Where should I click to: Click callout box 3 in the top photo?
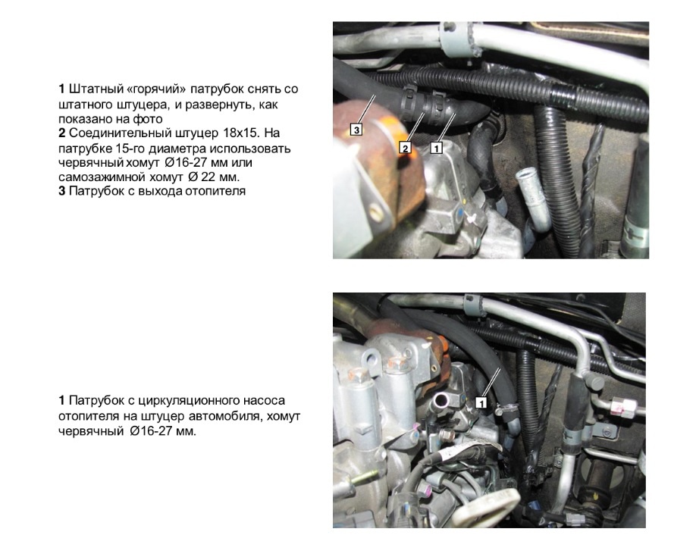pos(356,129)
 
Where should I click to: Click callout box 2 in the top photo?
pos(405,148)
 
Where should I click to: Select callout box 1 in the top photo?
pos(436,148)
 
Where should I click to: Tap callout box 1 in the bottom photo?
pos(481,403)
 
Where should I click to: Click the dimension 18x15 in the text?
pos(241,133)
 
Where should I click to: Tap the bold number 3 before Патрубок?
pos(62,191)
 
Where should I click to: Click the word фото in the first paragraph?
pos(149,119)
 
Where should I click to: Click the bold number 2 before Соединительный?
pos(62,133)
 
